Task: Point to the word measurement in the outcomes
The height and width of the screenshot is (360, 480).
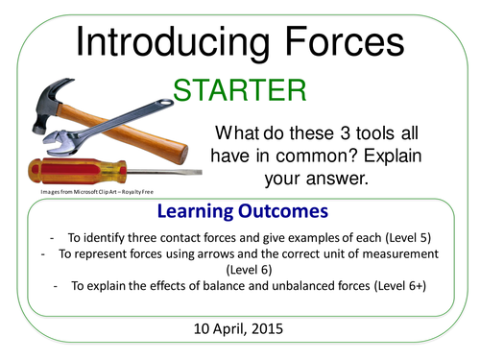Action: click(393, 254)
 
